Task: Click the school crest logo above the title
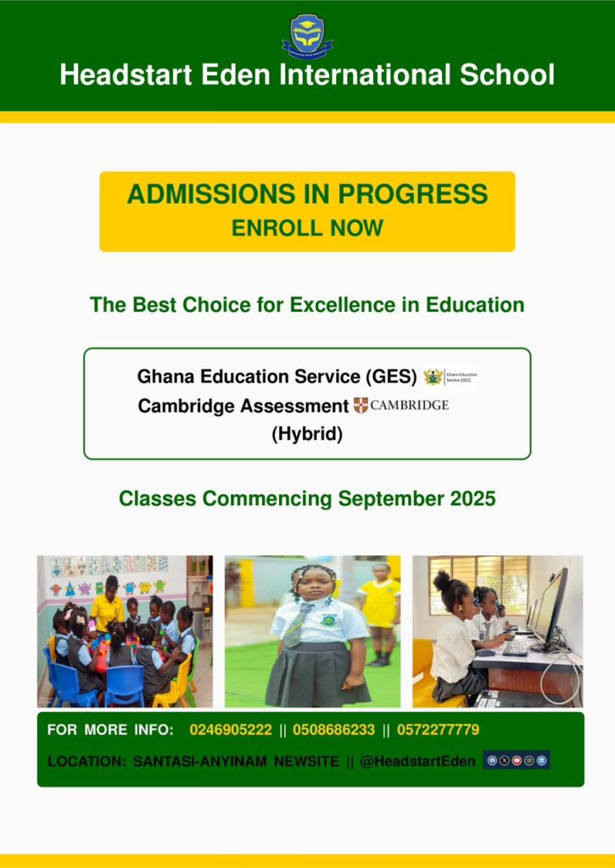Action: [307, 36]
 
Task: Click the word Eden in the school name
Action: [236, 75]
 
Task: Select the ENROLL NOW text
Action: [307, 228]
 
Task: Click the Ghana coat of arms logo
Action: [433, 377]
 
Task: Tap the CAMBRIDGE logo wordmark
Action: [409, 405]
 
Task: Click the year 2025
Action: [472, 498]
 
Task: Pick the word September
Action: [390, 499]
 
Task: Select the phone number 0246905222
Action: [231, 730]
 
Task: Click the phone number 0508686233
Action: [333, 730]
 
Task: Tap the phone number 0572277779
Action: [438, 730]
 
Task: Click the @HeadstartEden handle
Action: [417, 762]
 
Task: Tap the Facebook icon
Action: [491, 760]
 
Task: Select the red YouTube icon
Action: [517, 760]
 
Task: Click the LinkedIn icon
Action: [541, 760]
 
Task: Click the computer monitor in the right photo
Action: [551, 609]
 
